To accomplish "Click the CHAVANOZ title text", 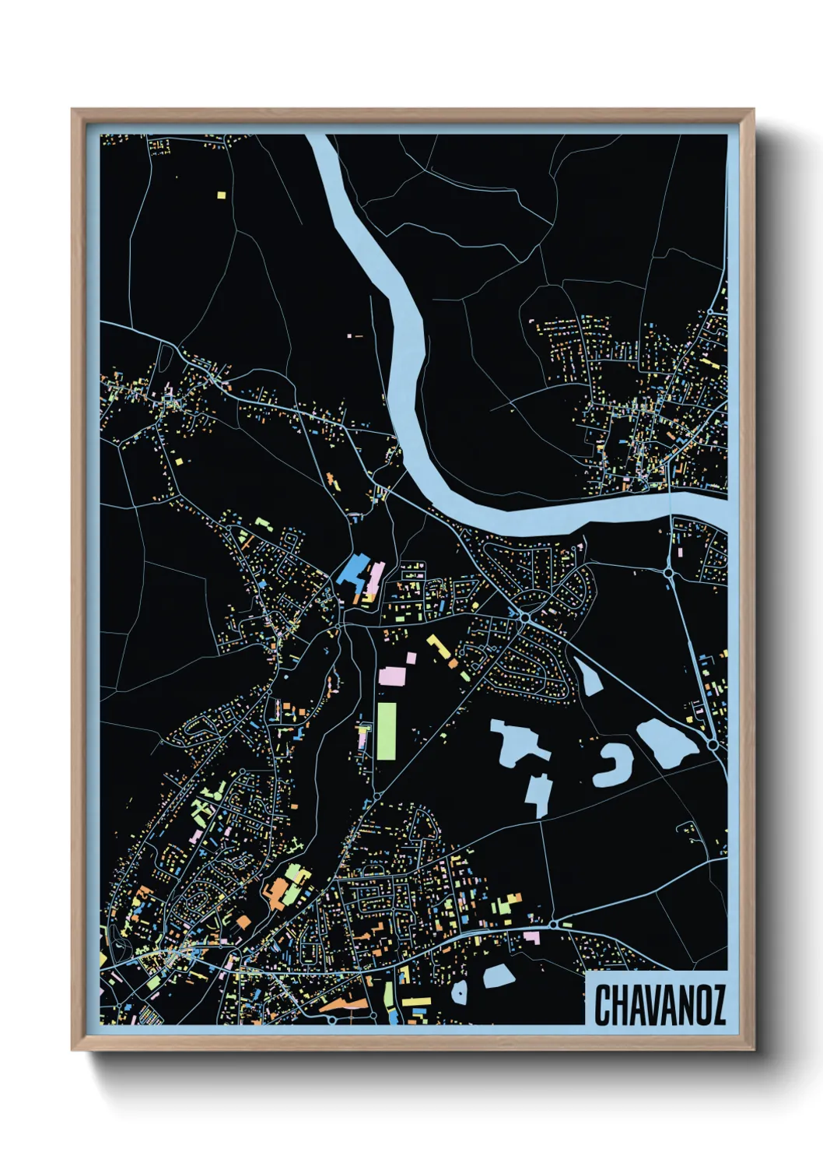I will pyautogui.click(x=660, y=1005).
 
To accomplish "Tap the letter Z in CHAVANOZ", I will pyautogui.click(x=717, y=1005).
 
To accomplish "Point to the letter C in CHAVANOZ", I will pyautogui.click(x=603, y=1005).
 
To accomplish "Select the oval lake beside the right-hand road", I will pyautogui.click(x=665, y=743).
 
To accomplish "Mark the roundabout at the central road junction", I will pyautogui.click(x=524, y=617).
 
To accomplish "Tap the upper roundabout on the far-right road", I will pyautogui.click(x=668, y=572).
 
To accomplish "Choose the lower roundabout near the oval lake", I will pyautogui.click(x=713, y=745).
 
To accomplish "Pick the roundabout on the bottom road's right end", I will pyautogui.click(x=553, y=925).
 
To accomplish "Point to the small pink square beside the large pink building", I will pyautogui.click(x=411, y=659).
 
